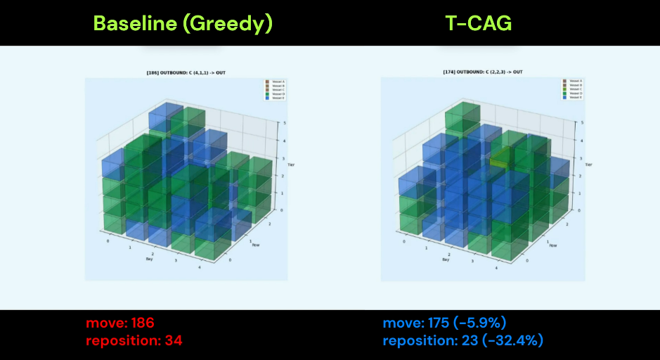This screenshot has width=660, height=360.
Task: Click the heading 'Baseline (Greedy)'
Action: coord(183,23)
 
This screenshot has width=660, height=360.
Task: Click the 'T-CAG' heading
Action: coord(479,23)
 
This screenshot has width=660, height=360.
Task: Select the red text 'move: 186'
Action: coord(120,323)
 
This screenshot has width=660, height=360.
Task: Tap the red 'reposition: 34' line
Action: coord(134,340)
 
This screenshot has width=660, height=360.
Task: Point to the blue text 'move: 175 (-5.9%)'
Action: coord(444,323)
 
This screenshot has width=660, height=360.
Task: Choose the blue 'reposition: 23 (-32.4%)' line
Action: coord(463,340)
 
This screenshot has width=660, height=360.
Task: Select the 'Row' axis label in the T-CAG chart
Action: coord(553,245)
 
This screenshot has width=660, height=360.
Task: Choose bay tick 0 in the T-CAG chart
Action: coord(404,241)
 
